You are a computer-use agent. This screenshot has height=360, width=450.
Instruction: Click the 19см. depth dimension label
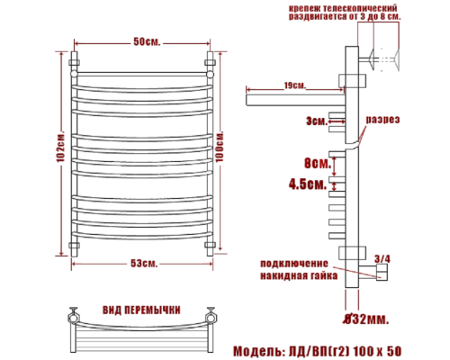click(x=293, y=85)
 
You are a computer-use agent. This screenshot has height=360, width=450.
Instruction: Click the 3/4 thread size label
click(x=382, y=259)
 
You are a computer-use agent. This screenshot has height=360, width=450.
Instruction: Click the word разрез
click(x=382, y=120)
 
